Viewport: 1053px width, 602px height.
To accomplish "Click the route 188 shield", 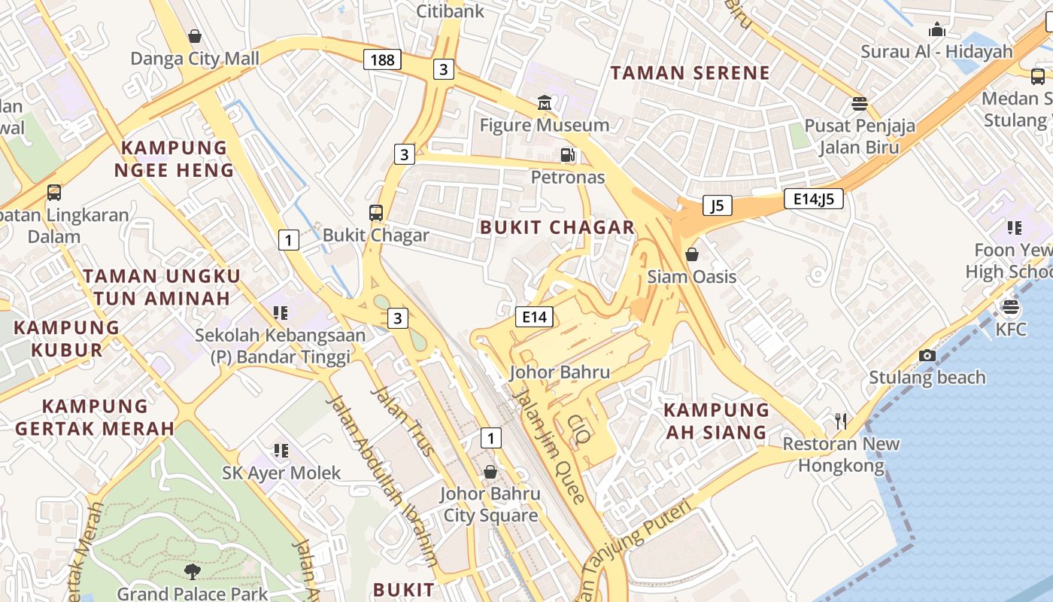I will click(382, 59).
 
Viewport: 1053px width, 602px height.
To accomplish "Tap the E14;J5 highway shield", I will click(813, 199).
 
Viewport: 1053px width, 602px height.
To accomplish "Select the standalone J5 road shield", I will click(718, 205).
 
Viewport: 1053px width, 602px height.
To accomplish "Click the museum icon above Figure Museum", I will click(544, 102).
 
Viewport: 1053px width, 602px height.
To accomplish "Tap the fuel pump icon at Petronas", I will click(568, 155).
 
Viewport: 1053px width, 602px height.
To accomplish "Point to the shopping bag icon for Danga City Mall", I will click(195, 36).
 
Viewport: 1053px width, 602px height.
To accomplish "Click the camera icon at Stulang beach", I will click(927, 355).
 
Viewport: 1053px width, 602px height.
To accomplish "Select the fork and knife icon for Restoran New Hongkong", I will click(841, 421).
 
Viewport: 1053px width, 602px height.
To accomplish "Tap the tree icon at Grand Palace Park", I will click(193, 572).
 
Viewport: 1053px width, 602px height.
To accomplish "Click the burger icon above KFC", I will click(1010, 307).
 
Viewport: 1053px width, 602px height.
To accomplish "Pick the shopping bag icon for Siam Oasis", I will click(692, 254).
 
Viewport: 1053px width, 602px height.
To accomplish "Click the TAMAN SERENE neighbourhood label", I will click(690, 73).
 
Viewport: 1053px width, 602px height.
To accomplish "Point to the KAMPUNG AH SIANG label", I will click(717, 421).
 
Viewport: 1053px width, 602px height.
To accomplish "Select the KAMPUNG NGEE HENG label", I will click(174, 159).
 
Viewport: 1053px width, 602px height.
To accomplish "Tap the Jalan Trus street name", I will click(402, 421).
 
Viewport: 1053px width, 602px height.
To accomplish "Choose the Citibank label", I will click(451, 11).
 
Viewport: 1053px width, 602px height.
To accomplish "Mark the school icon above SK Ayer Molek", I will click(281, 451).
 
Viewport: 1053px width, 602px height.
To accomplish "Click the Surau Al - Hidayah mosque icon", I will click(937, 30).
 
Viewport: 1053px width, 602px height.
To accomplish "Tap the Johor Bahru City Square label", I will click(490, 504).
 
